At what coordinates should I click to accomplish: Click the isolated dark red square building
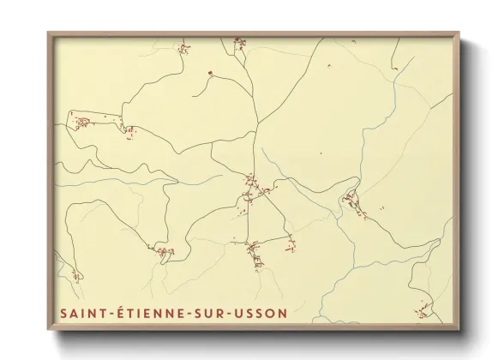tap(209, 73)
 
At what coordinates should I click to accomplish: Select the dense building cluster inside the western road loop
tap(84, 122)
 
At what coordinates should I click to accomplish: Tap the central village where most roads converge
tap(251, 183)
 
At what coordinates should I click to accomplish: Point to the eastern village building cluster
tap(351, 201)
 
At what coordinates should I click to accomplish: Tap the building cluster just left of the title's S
tap(75, 276)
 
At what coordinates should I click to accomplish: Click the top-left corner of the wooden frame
tap(48, 33)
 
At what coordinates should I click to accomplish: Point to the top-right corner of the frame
tap(460, 33)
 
